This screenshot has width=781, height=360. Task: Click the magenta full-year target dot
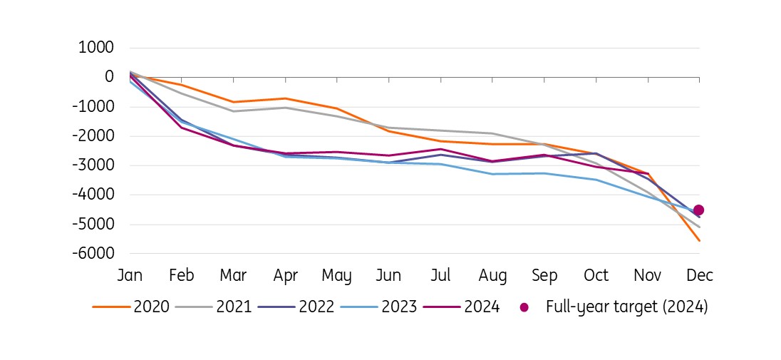pyautogui.click(x=698, y=210)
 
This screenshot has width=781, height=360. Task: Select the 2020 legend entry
pyautogui.click(x=131, y=307)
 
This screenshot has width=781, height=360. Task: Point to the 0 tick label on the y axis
pyautogui.click(x=109, y=77)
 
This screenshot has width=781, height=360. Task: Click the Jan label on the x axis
pyautogui.click(x=130, y=275)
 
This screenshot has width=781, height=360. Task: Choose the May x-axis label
pyautogui.click(x=337, y=276)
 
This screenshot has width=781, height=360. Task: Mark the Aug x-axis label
pyautogui.click(x=492, y=276)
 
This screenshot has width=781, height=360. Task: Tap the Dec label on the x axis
pyautogui.click(x=699, y=275)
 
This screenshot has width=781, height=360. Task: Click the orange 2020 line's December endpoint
pyautogui.click(x=699, y=240)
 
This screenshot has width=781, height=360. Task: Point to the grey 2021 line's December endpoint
pyautogui.click(x=699, y=227)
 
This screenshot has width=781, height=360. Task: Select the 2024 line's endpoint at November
pyautogui.click(x=648, y=173)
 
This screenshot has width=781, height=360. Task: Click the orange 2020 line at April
pyautogui.click(x=285, y=98)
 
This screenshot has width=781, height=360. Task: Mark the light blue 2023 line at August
pyautogui.click(x=492, y=174)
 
